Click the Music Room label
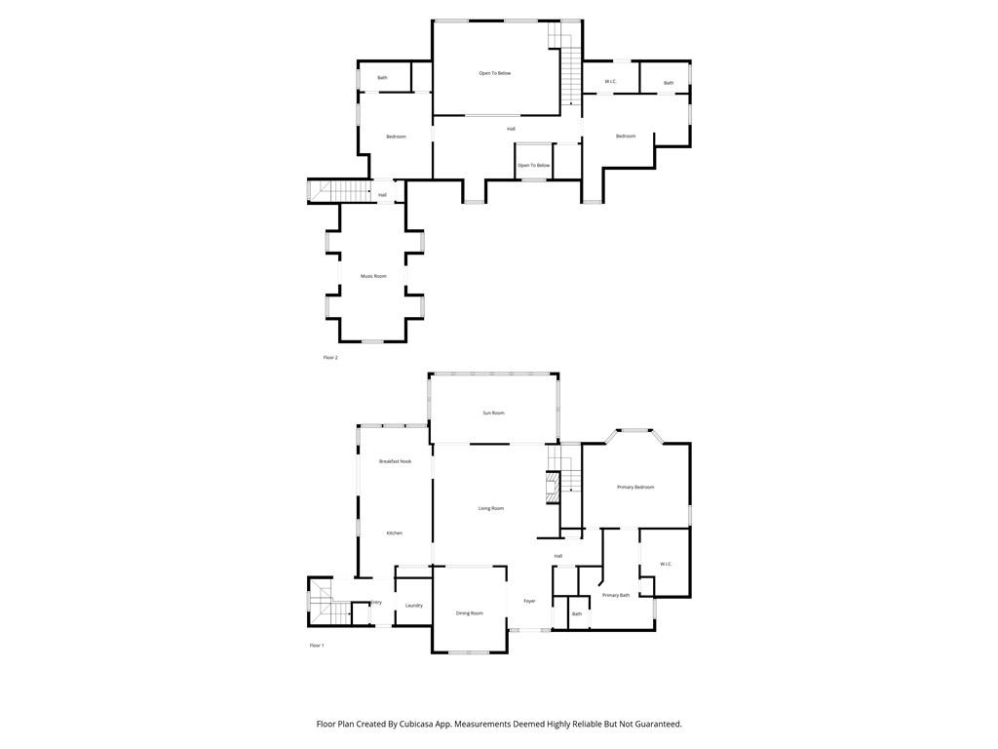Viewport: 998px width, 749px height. [373, 276]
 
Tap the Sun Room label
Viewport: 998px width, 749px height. [494, 413]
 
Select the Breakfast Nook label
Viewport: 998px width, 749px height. [395, 461]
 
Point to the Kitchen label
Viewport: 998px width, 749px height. [394, 532]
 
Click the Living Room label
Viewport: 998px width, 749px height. [490, 508]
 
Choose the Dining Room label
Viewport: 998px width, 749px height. [470, 613]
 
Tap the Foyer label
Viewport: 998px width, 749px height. [529, 601]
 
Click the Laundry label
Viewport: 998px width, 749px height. [414, 606]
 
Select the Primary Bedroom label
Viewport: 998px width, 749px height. [635, 487]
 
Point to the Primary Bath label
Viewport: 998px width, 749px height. [616, 595]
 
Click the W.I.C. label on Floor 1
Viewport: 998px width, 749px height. [666, 564]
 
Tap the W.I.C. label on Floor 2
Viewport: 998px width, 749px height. [610, 81]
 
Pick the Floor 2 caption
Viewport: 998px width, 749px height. [330, 358]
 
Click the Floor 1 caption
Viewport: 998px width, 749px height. [317, 646]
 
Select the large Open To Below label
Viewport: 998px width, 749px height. [494, 73]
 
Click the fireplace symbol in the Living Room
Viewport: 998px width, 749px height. [553, 488]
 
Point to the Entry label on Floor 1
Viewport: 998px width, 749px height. [376, 603]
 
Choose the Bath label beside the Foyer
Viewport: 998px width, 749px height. [577, 613]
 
